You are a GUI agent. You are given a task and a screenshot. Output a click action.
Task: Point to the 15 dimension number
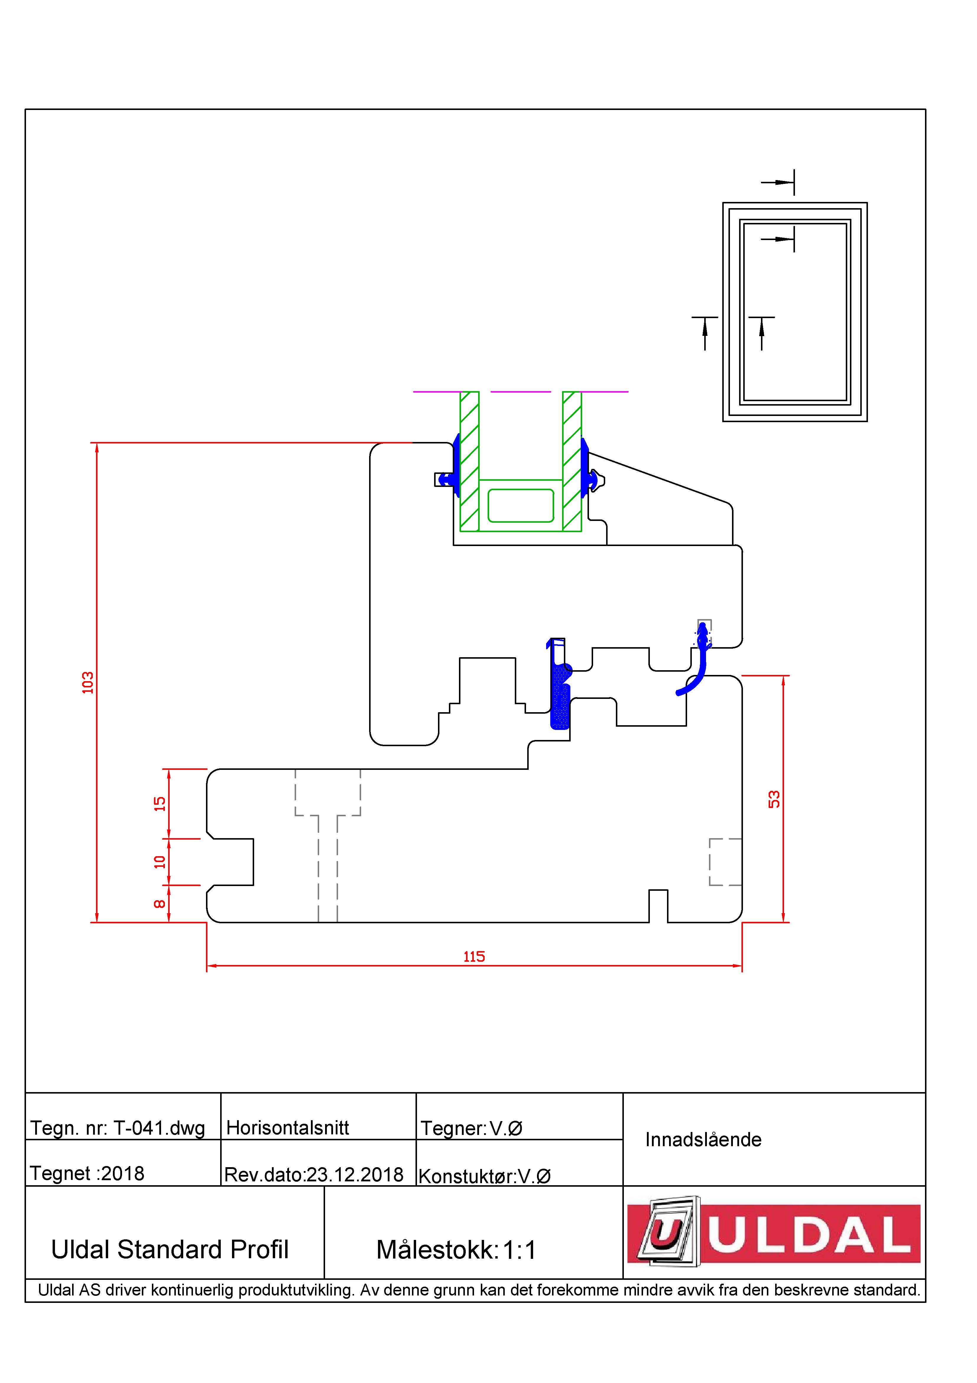click(x=160, y=804)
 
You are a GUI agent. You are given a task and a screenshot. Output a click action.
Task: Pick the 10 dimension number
click(x=160, y=862)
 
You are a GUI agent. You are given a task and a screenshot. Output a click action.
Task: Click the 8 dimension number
click(x=160, y=903)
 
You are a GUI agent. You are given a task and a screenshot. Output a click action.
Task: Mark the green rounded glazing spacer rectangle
click(x=521, y=505)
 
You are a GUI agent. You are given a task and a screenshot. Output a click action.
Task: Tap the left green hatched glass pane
click(x=470, y=461)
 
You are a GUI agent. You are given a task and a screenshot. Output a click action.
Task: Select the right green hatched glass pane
click(x=572, y=461)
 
